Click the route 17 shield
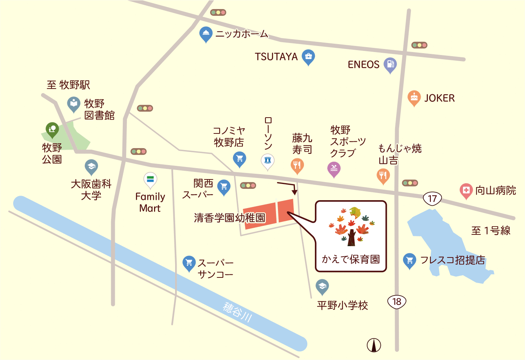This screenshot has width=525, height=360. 432,198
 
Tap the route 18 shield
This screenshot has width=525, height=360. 397,302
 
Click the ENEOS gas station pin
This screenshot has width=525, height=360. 390,64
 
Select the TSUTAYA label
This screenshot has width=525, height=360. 276,57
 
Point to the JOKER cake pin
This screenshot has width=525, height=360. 414,98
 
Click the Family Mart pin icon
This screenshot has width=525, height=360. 150,180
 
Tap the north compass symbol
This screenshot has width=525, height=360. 374,345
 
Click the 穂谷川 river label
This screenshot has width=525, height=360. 237,312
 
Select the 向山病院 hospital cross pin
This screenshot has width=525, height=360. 466,190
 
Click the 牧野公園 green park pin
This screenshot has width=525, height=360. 52,130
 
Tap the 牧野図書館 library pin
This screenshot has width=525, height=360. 74,104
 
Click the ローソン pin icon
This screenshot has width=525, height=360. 268,161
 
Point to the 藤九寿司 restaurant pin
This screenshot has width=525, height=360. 297,165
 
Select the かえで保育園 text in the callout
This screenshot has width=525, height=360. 351,259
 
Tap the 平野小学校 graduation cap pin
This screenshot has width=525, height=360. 322,286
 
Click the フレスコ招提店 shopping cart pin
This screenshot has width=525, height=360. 409,260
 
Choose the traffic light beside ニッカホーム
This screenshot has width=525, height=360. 218,12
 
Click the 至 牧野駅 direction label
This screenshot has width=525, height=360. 68,85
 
